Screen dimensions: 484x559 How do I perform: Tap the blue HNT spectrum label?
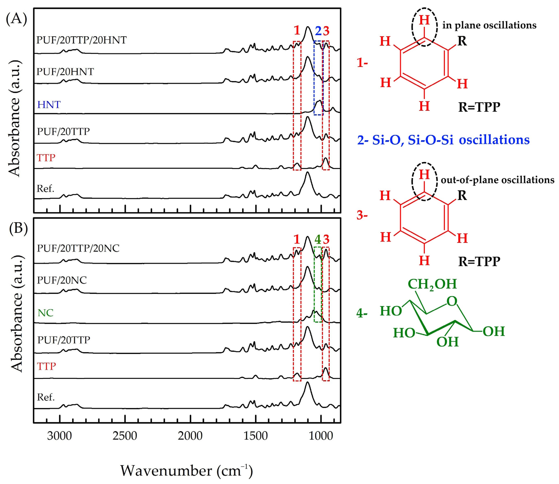49,104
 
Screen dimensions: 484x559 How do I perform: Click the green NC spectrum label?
45,313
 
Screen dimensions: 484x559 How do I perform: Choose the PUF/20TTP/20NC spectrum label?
78,248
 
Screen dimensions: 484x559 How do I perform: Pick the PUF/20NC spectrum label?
62,280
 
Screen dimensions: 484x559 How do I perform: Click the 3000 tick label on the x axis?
59,436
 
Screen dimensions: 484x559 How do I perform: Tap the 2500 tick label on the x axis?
125,436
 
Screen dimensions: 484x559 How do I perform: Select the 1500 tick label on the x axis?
256,436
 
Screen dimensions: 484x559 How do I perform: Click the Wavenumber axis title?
186,471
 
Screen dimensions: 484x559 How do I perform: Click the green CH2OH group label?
432,284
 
